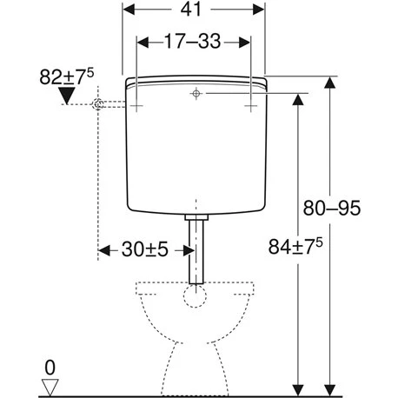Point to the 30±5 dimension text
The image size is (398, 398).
click(x=145, y=250)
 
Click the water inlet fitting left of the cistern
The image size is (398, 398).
click(x=101, y=104)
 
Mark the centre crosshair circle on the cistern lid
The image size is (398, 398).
click(x=197, y=93)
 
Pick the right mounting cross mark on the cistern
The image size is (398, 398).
click(x=251, y=104)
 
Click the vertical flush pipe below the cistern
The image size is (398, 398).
click(x=197, y=252)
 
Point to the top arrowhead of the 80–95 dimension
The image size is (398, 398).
click(x=329, y=83)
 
